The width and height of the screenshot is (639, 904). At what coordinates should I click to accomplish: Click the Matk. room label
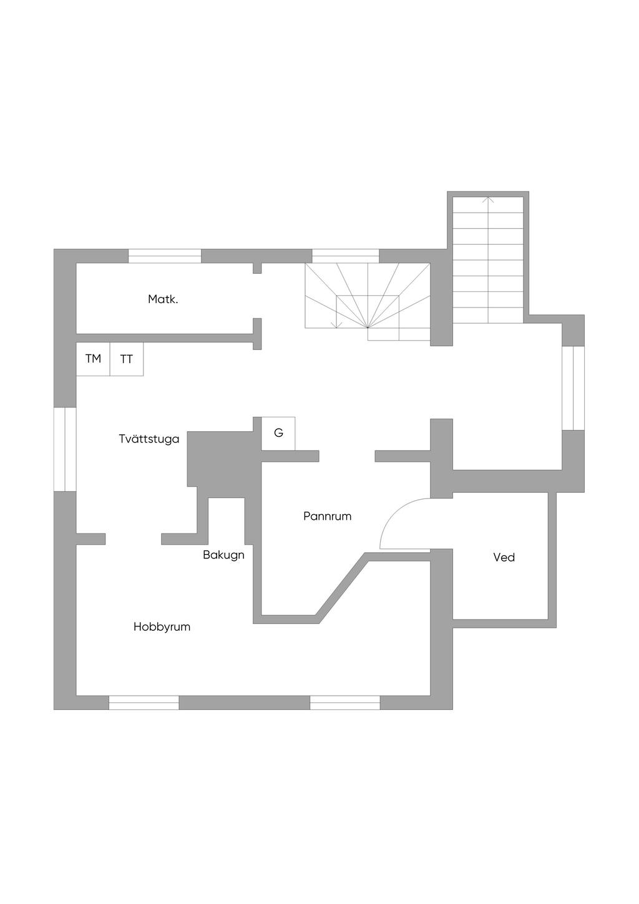pyautogui.click(x=163, y=299)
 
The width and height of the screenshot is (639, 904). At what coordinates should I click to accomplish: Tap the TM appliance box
pyautogui.click(x=93, y=359)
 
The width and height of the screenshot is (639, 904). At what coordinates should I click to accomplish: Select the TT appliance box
pyautogui.click(x=127, y=359)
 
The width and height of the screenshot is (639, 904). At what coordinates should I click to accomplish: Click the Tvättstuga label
pyautogui.click(x=149, y=439)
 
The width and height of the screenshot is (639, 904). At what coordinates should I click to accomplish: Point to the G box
pyautogui.click(x=278, y=432)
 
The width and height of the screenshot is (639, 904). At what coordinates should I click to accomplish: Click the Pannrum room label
pyautogui.click(x=327, y=517)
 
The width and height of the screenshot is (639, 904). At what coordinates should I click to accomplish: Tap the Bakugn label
pyautogui.click(x=223, y=555)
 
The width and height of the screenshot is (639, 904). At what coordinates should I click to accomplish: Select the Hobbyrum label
pyautogui.click(x=162, y=627)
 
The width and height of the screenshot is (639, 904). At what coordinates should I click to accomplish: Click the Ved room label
pyautogui.click(x=504, y=558)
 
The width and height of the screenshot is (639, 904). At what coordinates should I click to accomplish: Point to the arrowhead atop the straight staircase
pyautogui.click(x=488, y=200)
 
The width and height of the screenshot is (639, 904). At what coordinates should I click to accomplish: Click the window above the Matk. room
pyautogui.click(x=165, y=256)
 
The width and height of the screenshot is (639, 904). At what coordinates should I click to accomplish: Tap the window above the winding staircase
pyautogui.click(x=346, y=256)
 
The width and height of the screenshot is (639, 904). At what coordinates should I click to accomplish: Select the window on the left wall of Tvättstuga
pyautogui.click(x=65, y=449)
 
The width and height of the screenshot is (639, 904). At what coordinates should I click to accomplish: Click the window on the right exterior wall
pyautogui.click(x=573, y=387)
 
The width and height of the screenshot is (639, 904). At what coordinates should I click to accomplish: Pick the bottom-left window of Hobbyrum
pyautogui.click(x=144, y=702)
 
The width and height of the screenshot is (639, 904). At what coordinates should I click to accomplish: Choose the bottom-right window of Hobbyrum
pyautogui.click(x=345, y=702)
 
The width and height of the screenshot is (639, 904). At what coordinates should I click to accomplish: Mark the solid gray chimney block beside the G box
pyautogui.click(x=218, y=459)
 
